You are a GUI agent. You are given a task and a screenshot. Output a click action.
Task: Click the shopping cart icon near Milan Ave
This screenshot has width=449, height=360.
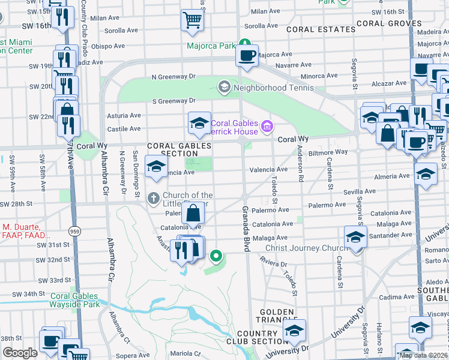point(192,21)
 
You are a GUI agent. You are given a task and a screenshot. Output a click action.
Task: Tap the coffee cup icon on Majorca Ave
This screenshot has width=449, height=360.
point(247,56)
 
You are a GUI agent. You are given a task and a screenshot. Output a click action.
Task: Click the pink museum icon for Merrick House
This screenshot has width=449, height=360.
point(267,127)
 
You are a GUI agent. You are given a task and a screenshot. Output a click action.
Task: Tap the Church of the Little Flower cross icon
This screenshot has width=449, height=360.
point(153,197)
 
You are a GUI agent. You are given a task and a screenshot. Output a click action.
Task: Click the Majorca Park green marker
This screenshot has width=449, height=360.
point(244,43)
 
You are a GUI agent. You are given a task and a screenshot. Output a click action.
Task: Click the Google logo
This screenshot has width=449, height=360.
point(20,353)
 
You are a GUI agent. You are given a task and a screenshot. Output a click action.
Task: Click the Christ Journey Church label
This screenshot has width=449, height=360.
point(298,248)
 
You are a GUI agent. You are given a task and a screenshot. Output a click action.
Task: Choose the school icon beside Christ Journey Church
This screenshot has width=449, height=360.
point(355,238)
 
